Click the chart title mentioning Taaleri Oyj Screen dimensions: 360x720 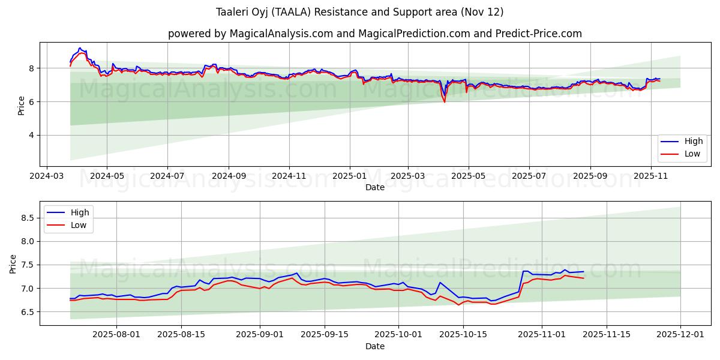(359, 12)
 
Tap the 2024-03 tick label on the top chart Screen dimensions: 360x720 (47, 177)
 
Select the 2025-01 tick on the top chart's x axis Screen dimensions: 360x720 (349, 177)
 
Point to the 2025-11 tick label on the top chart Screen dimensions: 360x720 (651, 177)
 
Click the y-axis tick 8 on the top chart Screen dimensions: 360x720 (33, 68)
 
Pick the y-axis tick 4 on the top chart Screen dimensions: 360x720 (33, 135)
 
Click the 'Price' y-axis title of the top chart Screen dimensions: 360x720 (22, 106)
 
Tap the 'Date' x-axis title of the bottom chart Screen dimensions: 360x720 (374, 346)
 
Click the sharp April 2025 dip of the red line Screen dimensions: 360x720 (445, 102)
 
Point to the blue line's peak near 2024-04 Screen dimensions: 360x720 (80, 48)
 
